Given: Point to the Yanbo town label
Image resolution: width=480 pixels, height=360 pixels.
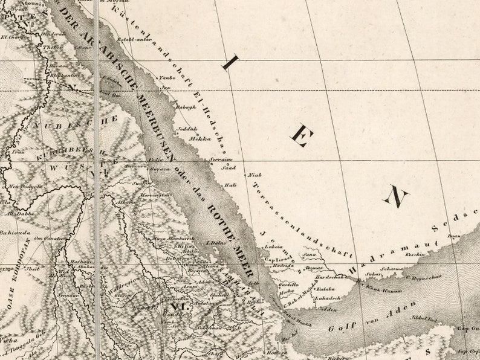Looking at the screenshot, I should [166, 78].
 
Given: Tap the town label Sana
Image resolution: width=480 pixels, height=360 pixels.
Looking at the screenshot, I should [310, 256].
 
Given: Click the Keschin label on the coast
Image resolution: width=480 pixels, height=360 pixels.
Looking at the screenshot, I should [415, 254].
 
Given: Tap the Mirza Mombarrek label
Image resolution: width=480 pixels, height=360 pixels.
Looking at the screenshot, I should [172, 240].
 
